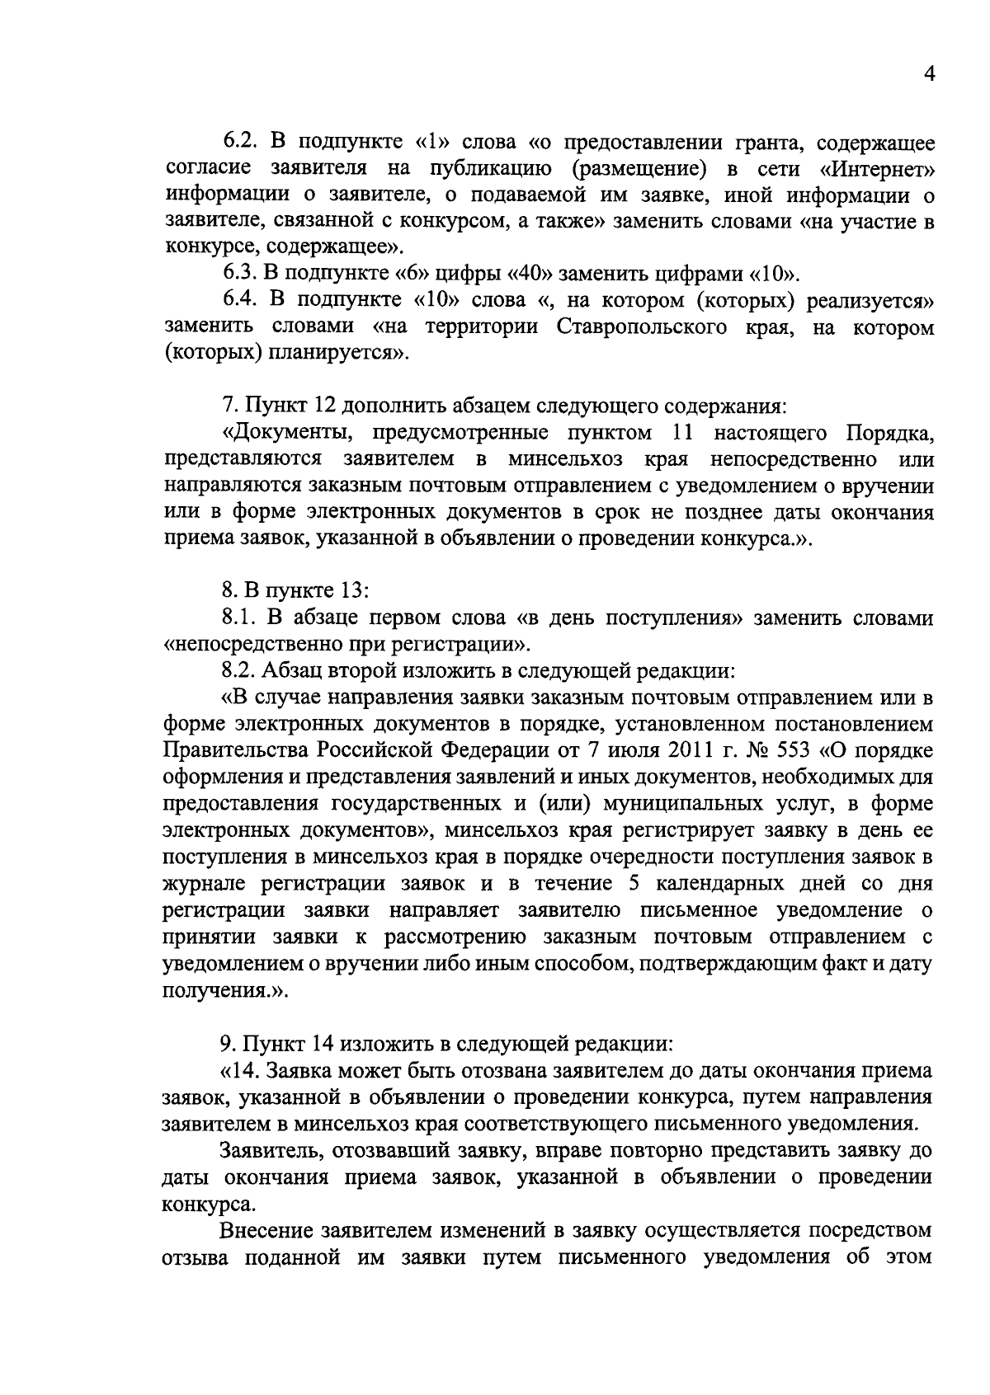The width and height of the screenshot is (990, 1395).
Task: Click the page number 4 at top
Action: [x=928, y=75]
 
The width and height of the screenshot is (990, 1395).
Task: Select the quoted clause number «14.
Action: [x=239, y=1071]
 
